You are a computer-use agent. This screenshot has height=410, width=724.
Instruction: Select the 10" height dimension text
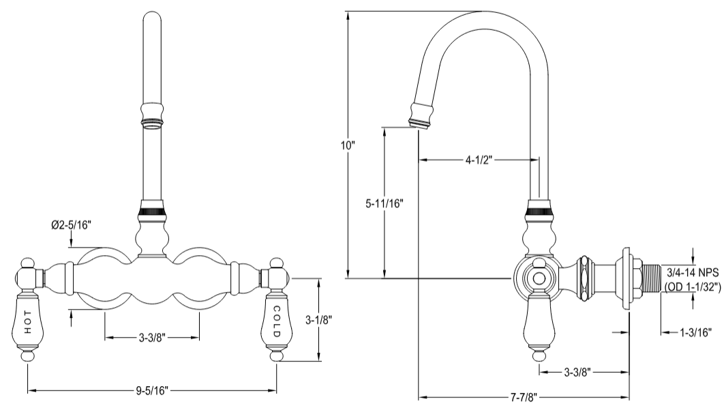(349, 145)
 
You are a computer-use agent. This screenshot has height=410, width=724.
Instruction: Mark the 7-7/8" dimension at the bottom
(523, 396)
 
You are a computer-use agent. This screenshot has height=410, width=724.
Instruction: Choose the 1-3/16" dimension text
(696, 332)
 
